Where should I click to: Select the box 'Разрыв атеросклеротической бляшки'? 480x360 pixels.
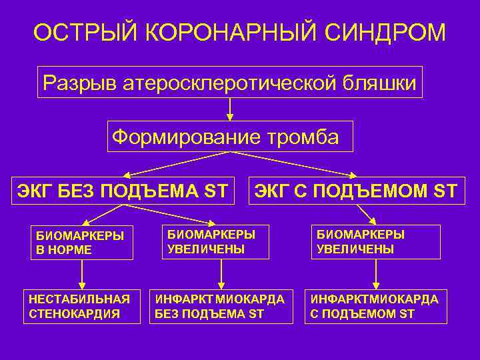coord(230,83)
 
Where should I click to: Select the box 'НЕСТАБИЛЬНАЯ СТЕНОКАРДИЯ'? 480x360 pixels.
coord(81,306)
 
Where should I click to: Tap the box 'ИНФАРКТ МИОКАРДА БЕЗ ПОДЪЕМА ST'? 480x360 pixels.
coord(221,306)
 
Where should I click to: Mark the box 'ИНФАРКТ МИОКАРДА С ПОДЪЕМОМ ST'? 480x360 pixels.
coord(375,306)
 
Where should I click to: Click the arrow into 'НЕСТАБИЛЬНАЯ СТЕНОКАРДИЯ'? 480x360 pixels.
coord(82,275)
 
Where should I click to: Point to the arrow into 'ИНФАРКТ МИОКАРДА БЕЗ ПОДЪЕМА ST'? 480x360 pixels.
coord(221,275)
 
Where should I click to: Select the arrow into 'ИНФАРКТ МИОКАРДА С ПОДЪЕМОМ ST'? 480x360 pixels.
coord(376,275)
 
